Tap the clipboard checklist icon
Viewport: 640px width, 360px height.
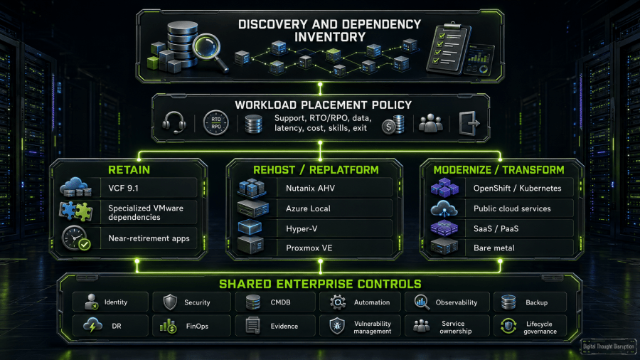click(447, 48)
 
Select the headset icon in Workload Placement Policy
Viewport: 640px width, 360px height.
click(174, 122)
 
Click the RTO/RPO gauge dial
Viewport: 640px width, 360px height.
click(216, 122)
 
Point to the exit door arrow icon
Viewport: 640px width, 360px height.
click(469, 123)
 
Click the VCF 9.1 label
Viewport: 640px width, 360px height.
click(123, 188)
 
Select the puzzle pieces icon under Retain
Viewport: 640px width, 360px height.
click(76, 211)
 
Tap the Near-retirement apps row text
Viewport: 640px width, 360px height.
click(149, 238)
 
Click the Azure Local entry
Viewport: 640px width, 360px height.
click(308, 208)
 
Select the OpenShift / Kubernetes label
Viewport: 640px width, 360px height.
click(517, 188)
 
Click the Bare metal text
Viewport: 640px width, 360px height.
click(494, 248)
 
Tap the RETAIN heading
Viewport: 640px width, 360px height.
click(129, 170)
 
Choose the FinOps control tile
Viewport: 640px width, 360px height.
click(191, 326)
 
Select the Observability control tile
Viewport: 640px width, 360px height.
click(447, 302)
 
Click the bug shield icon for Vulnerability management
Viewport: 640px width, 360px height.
click(337, 326)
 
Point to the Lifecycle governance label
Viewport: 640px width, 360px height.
click(540, 327)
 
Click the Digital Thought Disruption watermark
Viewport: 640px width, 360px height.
click(608, 346)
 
